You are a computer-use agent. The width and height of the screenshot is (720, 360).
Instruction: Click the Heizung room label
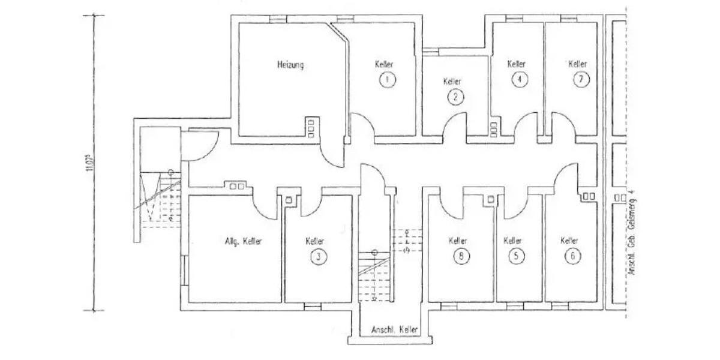tap(290, 65)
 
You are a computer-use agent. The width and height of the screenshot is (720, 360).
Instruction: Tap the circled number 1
tap(388, 79)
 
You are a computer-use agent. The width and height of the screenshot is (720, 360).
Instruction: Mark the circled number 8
tap(460, 257)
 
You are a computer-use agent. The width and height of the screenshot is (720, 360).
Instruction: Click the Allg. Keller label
tap(243, 241)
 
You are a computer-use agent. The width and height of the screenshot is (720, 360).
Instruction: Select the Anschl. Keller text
tap(394, 330)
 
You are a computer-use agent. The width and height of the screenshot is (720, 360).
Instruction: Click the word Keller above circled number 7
tap(578, 64)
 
